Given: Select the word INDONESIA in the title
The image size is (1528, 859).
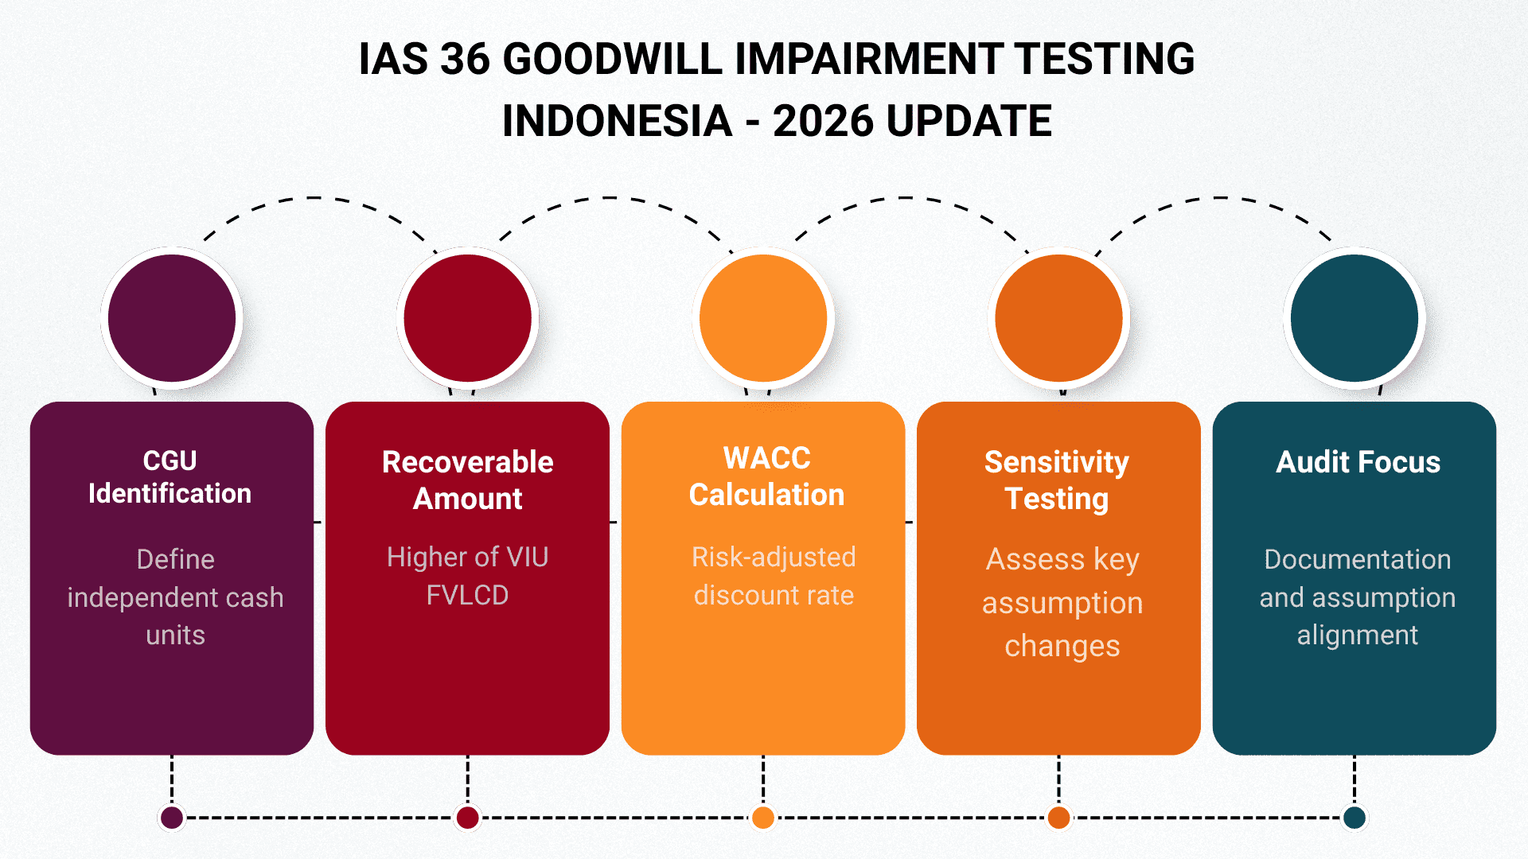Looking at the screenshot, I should click(x=617, y=121).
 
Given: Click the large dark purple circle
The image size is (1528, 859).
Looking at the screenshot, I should click(x=172, y=318).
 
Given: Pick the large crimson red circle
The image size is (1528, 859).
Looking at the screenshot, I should click(x=468, y=318).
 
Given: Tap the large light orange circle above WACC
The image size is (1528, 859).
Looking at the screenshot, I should click(x=763, y=318).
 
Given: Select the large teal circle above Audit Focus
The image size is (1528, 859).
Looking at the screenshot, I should click(x=1355, y=318).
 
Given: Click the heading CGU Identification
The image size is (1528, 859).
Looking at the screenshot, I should click(x=170, y=477).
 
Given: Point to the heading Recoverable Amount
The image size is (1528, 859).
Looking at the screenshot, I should click(x=468, y=480).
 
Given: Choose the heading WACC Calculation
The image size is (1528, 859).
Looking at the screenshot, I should click(x=766, y=476).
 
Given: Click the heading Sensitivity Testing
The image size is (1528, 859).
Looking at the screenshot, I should click(x=1057, y=480).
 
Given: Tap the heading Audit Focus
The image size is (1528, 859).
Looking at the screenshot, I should click(x=1358, y=462).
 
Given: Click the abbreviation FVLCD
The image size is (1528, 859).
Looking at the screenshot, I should click(x=467, y=595).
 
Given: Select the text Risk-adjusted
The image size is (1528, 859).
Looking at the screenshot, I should click(x=774, y=557).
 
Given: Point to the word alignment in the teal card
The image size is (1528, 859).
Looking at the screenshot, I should click(x=1357, y=635).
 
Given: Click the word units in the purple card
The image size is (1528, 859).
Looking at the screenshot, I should click(x=175, y=635).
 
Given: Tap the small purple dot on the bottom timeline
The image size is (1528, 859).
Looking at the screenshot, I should click(x=172, y=817).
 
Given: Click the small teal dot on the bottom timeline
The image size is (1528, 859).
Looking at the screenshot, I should click(x=1355, y=817).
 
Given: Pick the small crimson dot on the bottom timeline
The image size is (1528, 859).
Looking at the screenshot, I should click(x=468, y=817).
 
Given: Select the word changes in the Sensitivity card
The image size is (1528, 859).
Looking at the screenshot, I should click(x=1062, y=646).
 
